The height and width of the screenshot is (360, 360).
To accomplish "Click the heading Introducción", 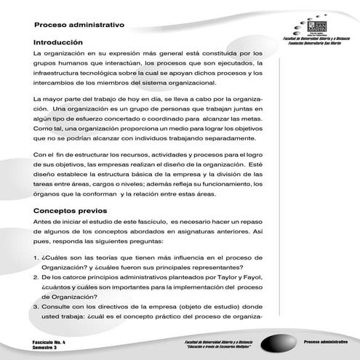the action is (63, 42).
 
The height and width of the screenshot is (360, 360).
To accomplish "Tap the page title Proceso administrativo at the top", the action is (79, 25).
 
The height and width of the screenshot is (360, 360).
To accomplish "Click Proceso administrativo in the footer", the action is (324, 340).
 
